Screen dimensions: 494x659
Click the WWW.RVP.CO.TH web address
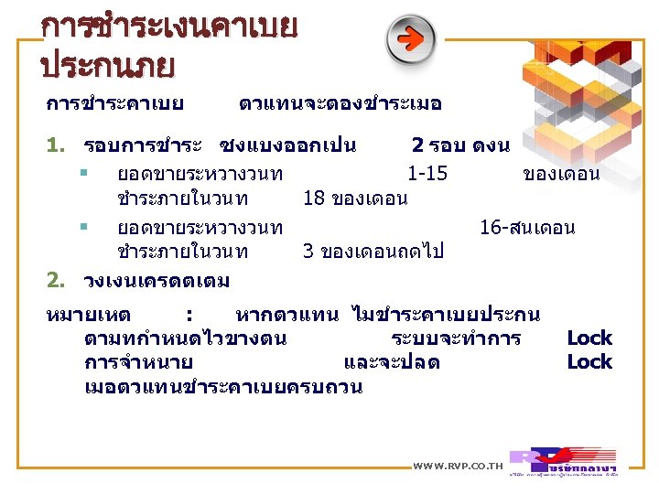point(458,467)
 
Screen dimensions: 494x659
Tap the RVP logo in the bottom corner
point(562,460)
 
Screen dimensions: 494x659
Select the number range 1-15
point(427,174)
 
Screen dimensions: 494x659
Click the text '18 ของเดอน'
point(355,199)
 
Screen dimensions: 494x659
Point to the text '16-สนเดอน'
point(527,228)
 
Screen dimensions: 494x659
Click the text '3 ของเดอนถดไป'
point(373,252)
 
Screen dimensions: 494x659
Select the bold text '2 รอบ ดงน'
point(460,145)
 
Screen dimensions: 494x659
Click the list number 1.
point(54,145)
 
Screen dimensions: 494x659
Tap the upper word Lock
point(589,338)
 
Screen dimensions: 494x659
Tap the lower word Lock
point(589,361)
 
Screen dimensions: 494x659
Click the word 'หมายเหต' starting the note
point(88,316)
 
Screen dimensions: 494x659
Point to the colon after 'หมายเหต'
point(188,316)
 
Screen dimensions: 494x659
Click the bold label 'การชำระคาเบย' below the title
point(114,103)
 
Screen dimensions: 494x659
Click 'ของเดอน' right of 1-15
point(561,174)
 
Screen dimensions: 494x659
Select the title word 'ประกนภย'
point(108,66)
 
